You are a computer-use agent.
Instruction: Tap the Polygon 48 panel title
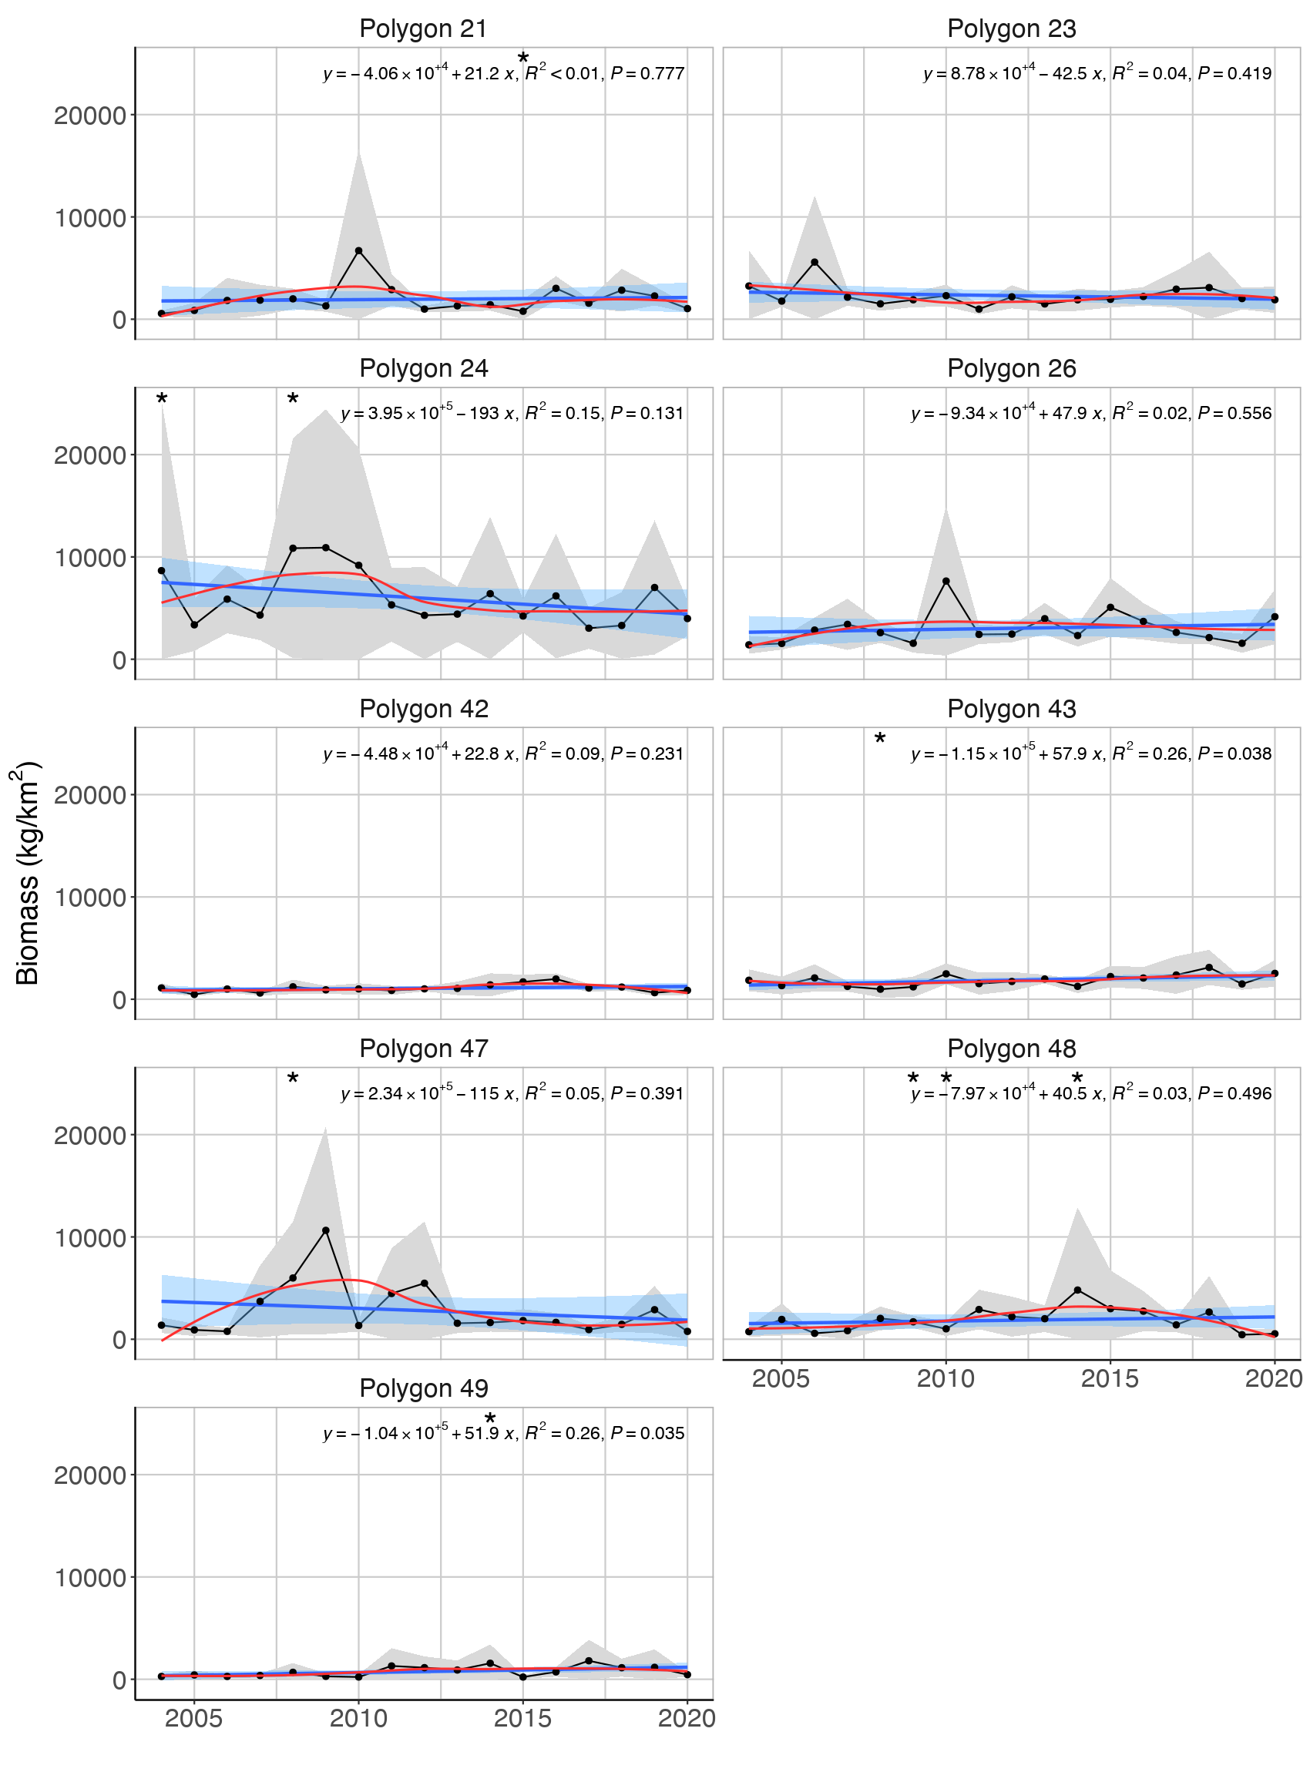(1011, 1048)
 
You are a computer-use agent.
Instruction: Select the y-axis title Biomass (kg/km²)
(27, 873)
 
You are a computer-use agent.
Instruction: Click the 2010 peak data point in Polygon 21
(358, 250)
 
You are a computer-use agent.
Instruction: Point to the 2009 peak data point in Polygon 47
(326, 1230)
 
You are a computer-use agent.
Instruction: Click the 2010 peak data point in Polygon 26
(946, 581)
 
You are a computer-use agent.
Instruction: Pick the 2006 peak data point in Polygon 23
(815, 263)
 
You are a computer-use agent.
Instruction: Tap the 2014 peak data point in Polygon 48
(1077, 1290)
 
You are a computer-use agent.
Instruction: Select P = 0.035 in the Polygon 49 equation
(647, 1433)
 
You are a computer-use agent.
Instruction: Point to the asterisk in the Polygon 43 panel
(879, 740)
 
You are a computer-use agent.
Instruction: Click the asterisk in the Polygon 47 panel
(293, 1080)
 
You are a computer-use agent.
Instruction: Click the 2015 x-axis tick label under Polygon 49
(522, 1718)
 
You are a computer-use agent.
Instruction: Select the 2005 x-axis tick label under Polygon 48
(781, 1378)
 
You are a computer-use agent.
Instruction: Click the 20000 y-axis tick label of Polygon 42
(89, 795)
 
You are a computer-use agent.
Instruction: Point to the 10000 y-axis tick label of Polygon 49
(89, 1578)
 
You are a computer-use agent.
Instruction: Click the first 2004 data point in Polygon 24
(162, 571)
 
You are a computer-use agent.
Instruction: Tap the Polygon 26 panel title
(1011, 369)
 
